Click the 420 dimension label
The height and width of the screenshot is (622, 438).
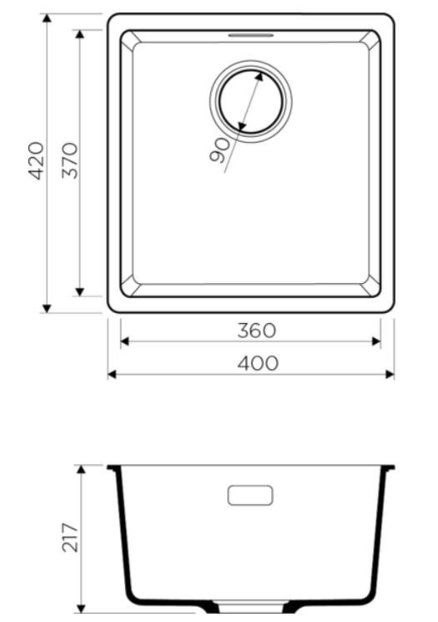point(37,160)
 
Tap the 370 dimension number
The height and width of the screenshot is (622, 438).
point(70,160)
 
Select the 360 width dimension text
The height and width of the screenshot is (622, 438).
point(256,331)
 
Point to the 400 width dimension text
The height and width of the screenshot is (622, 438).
point(258,363)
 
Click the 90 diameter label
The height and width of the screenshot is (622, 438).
point(219,150)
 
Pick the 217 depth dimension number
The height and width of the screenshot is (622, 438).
point(70,538)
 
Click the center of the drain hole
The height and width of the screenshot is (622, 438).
point(251,101)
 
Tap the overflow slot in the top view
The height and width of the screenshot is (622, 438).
point(251,35)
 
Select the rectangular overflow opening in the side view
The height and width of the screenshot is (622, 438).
point(250,495)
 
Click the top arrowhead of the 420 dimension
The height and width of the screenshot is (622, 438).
point(47,18)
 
